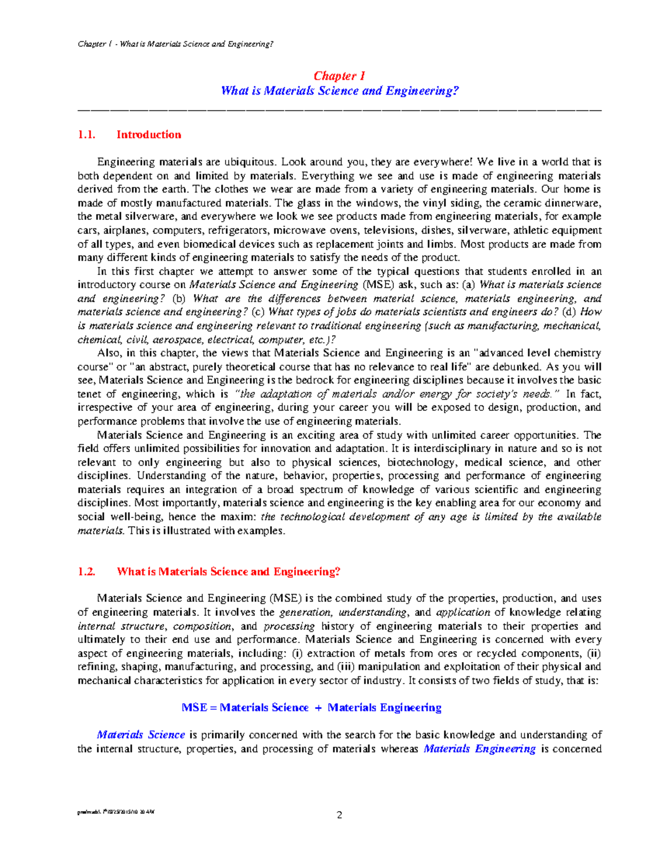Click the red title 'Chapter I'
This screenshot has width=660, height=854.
coord(339,76)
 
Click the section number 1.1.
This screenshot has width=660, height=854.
coord(86,135)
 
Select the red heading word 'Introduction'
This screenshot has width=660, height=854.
coord(148,135)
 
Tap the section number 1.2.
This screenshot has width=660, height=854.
coord(86,572)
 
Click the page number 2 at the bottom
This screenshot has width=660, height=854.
coord(339,815)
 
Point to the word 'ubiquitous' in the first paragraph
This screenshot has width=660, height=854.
coord(250,162)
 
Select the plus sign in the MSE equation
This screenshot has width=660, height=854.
coord(318,708)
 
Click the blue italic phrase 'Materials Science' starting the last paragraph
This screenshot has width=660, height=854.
coord(141,735)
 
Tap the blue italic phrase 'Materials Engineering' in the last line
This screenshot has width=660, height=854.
coord(480,748)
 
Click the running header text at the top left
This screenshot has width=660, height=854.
coord(175,44)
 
